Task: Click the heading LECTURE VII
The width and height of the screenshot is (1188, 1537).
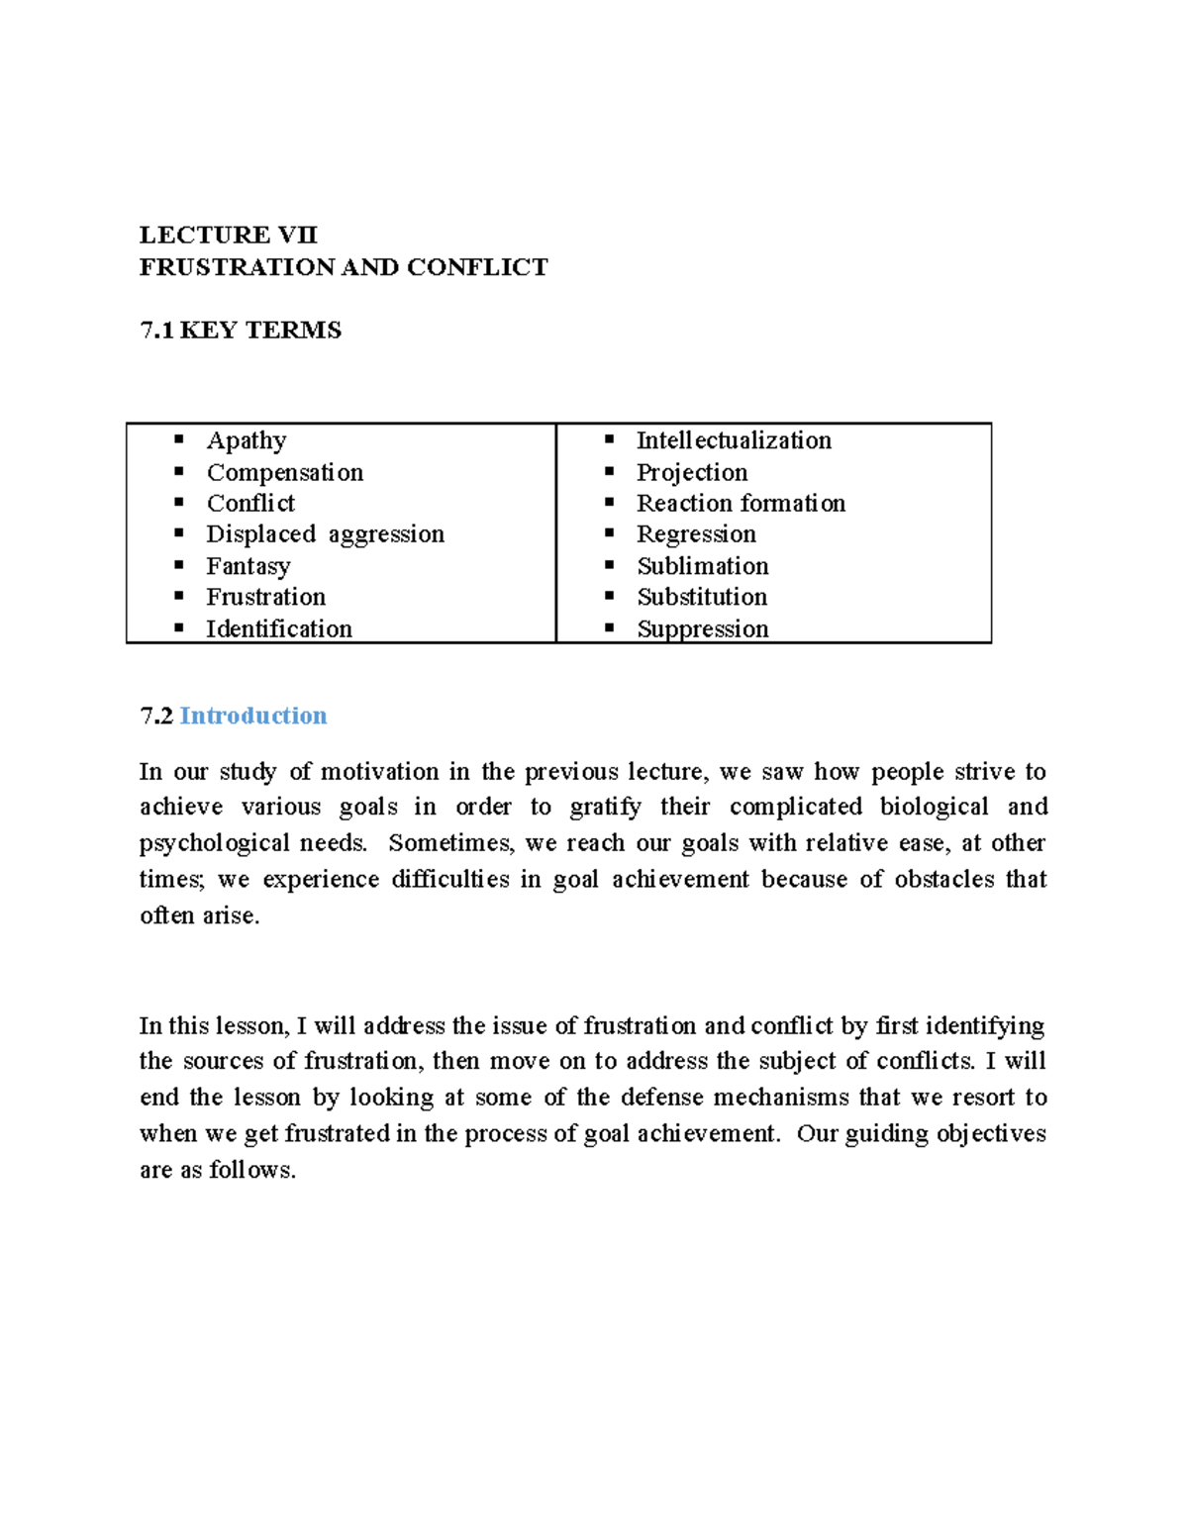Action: tap(228, 235)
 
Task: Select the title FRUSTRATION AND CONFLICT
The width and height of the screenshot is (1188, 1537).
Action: tap(343, 267)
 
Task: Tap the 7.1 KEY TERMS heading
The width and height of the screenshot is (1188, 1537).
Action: tap(241, 331)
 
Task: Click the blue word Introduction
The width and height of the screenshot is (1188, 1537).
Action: tap(253, 716)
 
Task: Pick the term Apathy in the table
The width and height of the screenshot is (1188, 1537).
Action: tap(247, 440)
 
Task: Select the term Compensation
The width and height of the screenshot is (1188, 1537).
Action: tap(285, 472)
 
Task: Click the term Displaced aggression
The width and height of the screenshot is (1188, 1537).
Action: tap(325, 534)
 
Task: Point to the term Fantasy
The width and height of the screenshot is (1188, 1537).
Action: tap(248, 566)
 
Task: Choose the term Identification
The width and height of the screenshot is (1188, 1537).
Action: tap(279, 628)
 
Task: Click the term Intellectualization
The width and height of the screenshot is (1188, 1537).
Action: tap(734, 440)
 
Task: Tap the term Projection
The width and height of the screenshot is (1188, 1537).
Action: tap(692, 472)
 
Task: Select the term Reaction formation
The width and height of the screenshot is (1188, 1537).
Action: tap(741, 503)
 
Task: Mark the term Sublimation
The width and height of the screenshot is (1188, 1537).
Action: tap(703, 566)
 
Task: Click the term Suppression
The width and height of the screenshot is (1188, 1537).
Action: tap(703, 628)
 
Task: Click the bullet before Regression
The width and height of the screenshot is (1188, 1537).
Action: tap(610, 533)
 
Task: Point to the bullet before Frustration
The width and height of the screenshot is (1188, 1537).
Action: tap(179, 596)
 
